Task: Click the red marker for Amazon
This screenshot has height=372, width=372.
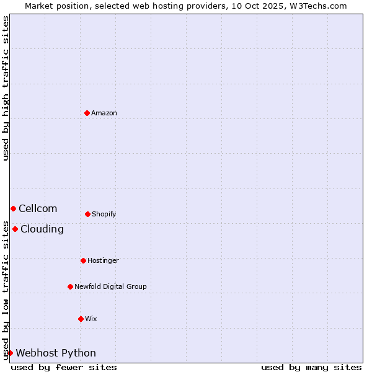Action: [x=87, y=113]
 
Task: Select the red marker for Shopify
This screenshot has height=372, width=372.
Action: [x=87, y=214]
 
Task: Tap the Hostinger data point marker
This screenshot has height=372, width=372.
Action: [x=83, y=260]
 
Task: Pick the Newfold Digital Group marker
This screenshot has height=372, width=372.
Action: [x=70, y=286]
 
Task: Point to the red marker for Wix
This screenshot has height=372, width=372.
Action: [x=81, y=319]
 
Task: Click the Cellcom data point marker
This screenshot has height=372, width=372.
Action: [x=13, y=208]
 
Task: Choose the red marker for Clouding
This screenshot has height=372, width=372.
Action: [x=15, y=229]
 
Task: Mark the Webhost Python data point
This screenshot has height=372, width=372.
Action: [x=10, y=353]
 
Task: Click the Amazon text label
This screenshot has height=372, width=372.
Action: [x=104, y=113]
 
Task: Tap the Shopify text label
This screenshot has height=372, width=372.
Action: [x=104, y=214]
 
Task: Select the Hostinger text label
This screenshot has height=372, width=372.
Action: [x=103, y=260]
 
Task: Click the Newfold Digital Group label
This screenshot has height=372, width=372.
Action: [x=110, y=286]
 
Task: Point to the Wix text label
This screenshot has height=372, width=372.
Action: [x=91, y=319]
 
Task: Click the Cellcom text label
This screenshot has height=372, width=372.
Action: [x=38, y=208]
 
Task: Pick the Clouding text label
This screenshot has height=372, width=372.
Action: [x=42, y=229]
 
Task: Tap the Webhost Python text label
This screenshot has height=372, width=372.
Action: [x=56, y=353]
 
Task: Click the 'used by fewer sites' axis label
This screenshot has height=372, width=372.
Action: [x=64, y=367]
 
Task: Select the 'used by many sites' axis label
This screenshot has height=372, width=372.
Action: [x=311, y=367]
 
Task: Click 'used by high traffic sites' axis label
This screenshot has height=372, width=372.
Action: [x=6, y=88]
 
